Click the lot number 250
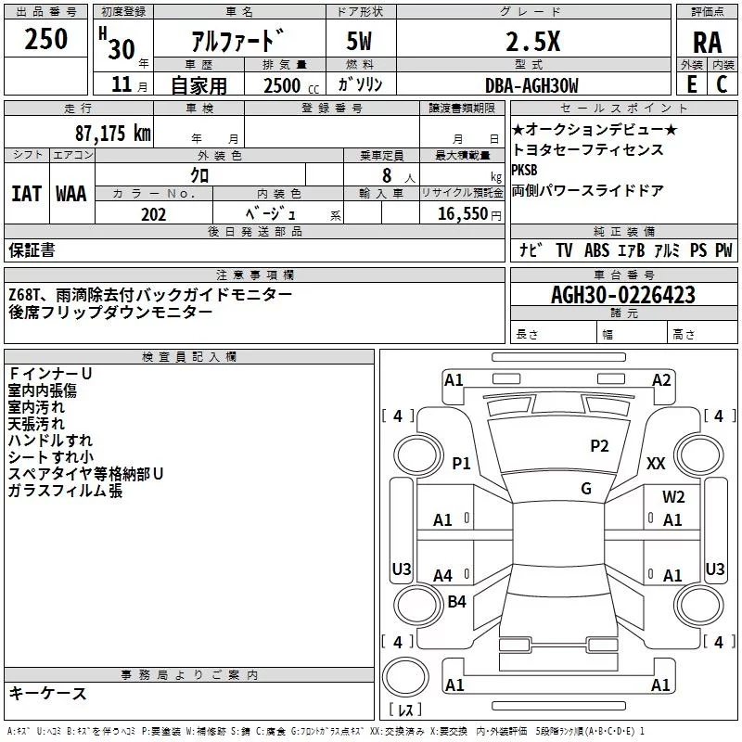tap(46, 40)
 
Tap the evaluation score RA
tap(707, 42)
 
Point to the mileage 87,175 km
tap(112, 133)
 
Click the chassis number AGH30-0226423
tap(622, 296)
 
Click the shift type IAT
tap(26, 194)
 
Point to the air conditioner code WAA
tap(71, 194)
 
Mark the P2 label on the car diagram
tap(600, 446)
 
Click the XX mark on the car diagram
tap(656, 463)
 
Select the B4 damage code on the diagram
tap(456, 602)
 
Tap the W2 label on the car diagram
tap(673, 497)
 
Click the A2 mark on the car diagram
tap(661, 379)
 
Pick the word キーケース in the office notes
tap(48, 694)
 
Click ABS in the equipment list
tap(597, 250)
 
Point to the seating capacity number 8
tap(385, 174)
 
